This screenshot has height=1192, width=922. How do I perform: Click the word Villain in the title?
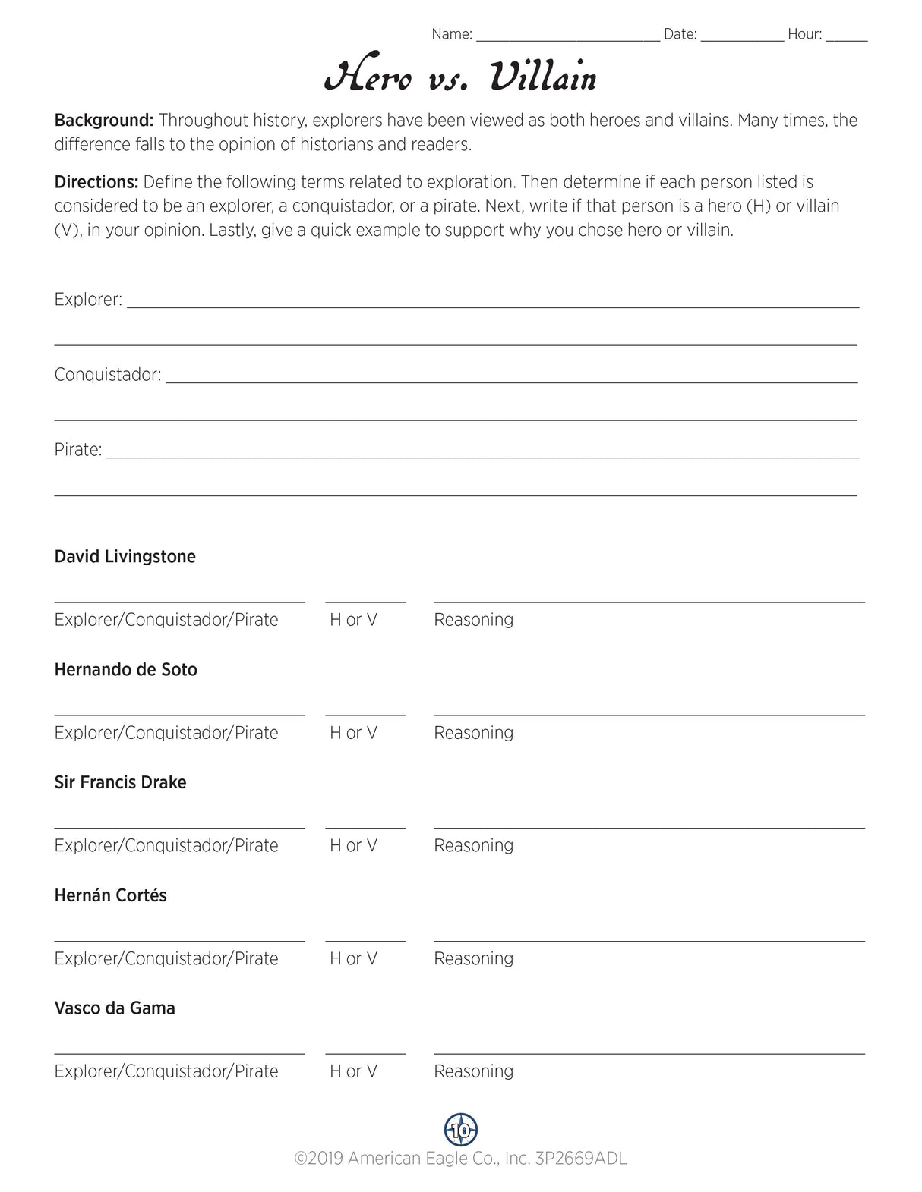[x=542, y=77]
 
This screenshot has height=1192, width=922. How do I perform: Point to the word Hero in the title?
[x=368, y=77]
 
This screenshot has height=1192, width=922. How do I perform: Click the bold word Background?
[x=104, y=121]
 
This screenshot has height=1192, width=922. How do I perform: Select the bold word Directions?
[x=96, y=182]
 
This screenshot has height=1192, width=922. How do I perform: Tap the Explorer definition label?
[x=88, y=300]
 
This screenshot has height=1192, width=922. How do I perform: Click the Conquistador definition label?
[x=108, y=375]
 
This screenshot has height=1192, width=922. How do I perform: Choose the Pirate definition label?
[x=78, y=450]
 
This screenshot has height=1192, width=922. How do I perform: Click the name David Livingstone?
[x=125, y=557]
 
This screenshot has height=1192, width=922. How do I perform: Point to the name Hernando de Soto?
[x=126, y=670]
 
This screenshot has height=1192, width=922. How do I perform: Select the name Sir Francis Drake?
[x=120, y=782]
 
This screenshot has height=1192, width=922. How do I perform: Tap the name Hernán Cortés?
[x=111, y=895]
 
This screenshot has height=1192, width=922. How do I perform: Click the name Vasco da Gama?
[x=115, y=1008]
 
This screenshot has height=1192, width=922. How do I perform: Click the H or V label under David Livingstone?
[x=353, y=620]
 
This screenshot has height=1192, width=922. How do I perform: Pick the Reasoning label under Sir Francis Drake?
[x=474, y=846]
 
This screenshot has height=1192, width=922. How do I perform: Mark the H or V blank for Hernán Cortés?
[x=365, y=936]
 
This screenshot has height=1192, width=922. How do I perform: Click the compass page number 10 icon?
[x=461, y=1130]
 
